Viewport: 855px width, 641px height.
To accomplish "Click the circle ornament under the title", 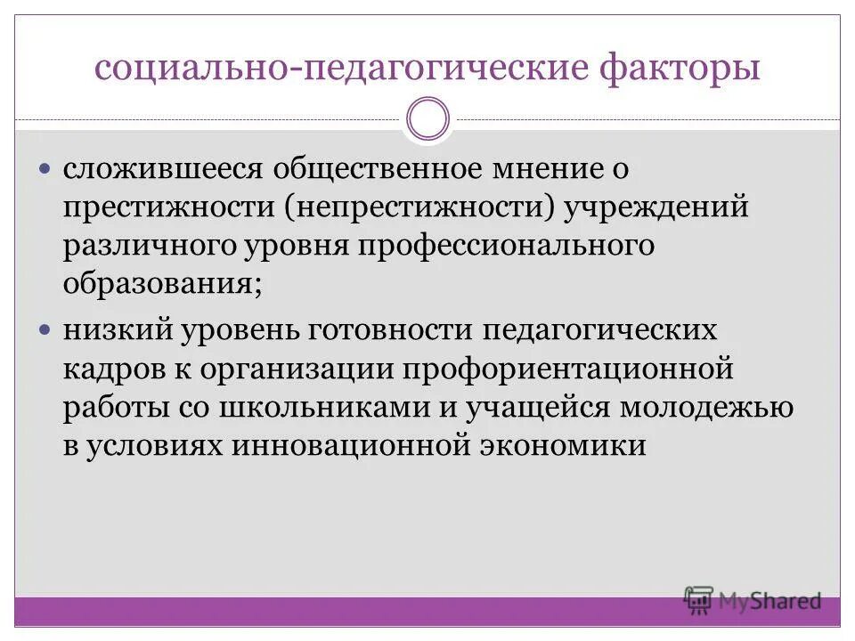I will pos(427,119).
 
